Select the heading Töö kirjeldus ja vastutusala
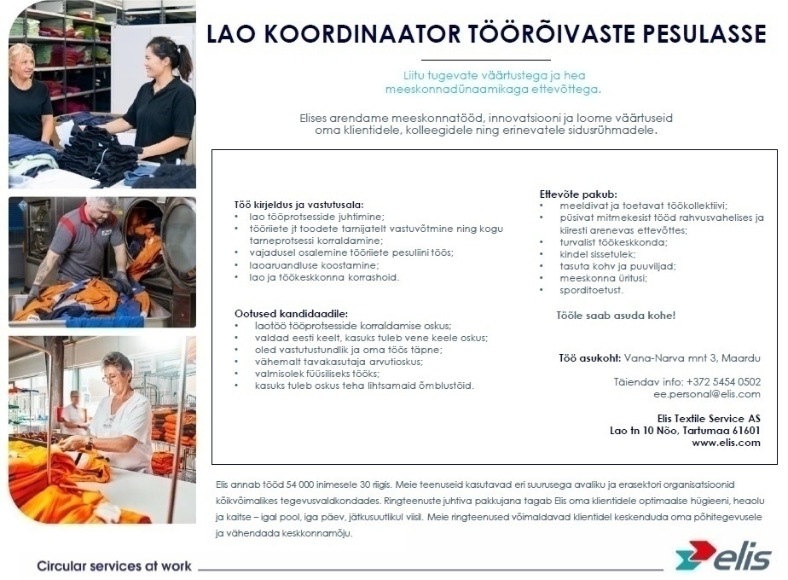(298, 205)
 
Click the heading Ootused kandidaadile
(291, 313)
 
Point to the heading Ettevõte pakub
(578, 194)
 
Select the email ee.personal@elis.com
(707, 394)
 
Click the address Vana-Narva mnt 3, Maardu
(692, 358)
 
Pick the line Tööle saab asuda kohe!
(616, 316)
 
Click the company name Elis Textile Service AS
(709, 418)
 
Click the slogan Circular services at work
(114, 566)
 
